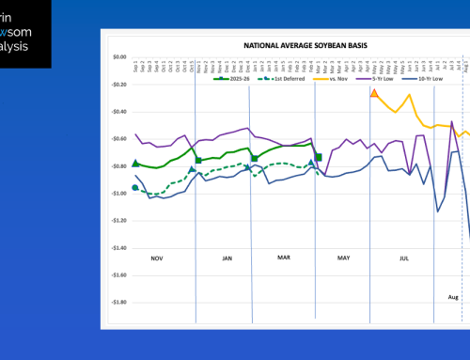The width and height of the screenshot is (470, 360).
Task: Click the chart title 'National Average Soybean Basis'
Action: [298, 44]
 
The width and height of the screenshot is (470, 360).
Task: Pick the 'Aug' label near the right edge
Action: [453, 296]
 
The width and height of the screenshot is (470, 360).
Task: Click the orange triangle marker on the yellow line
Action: [374, 94]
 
